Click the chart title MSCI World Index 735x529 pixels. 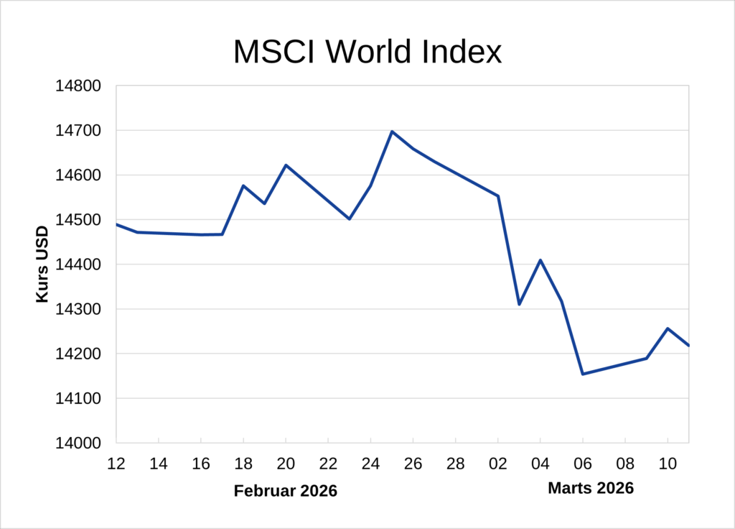click(367, 52)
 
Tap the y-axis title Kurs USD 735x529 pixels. click(43, 264)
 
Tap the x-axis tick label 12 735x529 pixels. click(116, 464)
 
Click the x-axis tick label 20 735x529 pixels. click(286, 464)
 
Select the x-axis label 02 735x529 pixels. click(498, 464)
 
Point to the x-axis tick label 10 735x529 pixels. click(668, 464)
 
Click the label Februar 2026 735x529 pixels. click(286, 492)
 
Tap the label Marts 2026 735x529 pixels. click(591, 489)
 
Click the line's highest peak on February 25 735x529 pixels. click(392, 132)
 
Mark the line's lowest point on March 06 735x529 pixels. click(583, 374)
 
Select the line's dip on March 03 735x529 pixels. click(519, 304)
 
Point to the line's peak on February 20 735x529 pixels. click(286, 165)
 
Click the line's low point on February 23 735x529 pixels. click(350, 218)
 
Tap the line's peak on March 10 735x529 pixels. click(668, 328)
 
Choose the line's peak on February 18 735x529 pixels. click(243, 185)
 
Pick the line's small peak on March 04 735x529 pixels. click(540, 260)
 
